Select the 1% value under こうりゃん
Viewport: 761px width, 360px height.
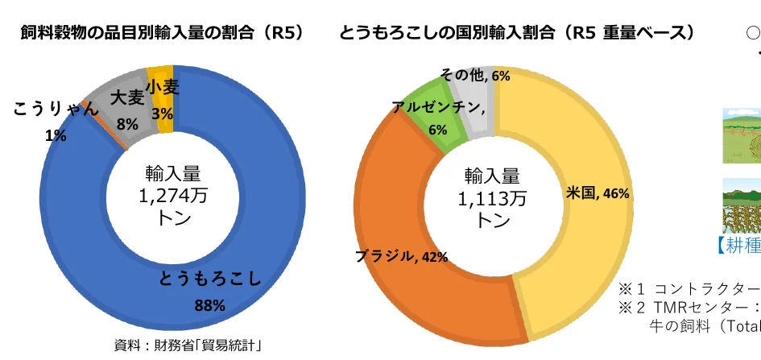56,135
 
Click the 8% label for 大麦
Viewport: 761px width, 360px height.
127,125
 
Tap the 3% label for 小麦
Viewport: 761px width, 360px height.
162,114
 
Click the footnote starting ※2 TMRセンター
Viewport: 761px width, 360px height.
689,307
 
